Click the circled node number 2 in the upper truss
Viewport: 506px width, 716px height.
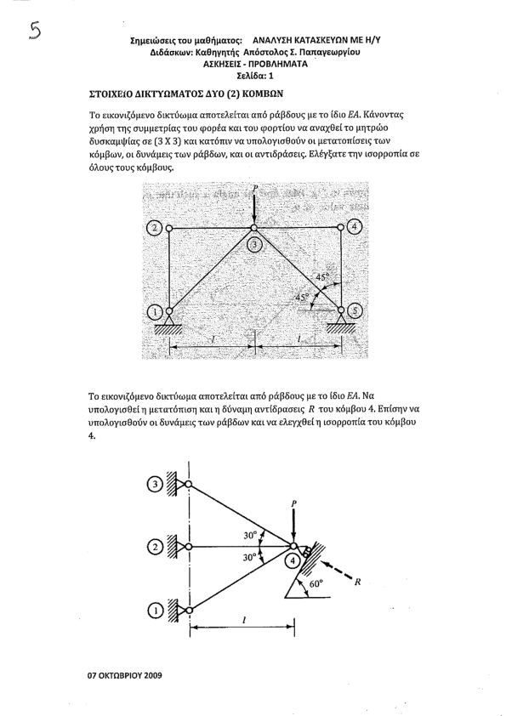[156, 227]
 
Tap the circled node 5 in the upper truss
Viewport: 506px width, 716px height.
[355, 311]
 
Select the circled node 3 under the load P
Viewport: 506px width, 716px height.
[254, 245]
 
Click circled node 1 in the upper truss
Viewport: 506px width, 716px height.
[156, 312]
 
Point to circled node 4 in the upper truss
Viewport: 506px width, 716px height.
[355, 227]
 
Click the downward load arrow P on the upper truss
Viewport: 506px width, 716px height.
[254, 207]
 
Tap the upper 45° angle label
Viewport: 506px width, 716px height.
[322, 277]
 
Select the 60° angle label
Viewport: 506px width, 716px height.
[316, 584]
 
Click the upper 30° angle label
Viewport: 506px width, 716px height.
[250, 535]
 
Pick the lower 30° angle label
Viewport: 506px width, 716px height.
[250, 558]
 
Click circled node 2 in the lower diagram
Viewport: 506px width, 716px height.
[156, 547]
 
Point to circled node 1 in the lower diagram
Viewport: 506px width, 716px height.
[156, 610]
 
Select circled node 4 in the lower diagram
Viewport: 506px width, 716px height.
[293, 561]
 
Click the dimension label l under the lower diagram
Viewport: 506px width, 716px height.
[245, 620]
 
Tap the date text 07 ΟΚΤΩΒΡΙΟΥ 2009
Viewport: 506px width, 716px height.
[124, 675]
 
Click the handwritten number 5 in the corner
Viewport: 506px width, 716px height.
[35, 31]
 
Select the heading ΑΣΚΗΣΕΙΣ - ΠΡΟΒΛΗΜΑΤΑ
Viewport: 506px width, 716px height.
[255, 64]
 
